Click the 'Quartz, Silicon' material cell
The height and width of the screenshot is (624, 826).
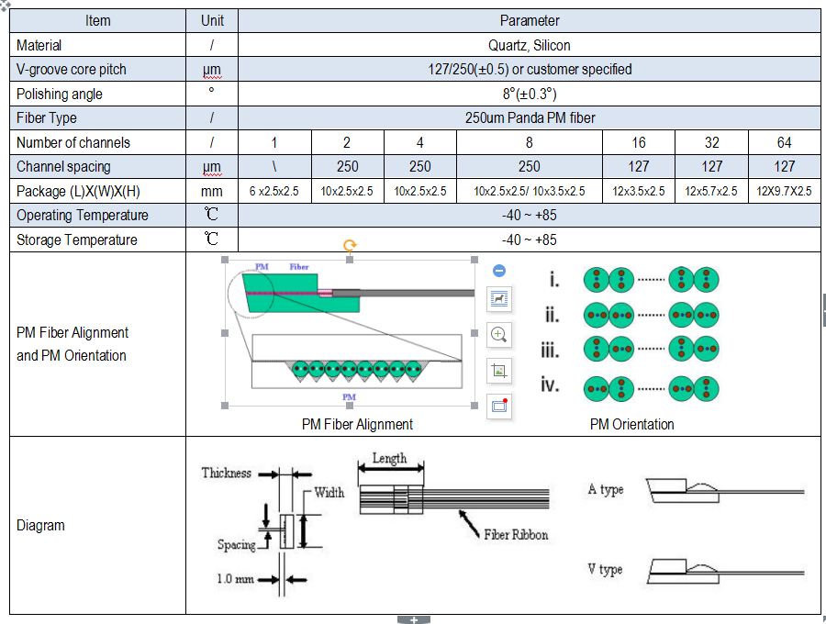coord(530,45)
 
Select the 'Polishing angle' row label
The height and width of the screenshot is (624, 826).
coord(60,94)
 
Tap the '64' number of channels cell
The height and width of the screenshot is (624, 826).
coord(784,142)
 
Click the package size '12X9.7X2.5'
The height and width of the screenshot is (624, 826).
coord(784,191)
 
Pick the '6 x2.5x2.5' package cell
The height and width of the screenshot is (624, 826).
coord(274,191)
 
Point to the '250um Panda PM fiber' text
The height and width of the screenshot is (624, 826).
coord(530,117)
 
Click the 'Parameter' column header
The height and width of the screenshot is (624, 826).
coord(530,20)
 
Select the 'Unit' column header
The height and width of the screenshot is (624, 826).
coord(211,20)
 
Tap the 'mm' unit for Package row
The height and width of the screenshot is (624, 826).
coord(211,191)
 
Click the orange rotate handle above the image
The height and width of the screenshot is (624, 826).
coord(350,246)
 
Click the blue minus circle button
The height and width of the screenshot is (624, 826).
coord(499,271)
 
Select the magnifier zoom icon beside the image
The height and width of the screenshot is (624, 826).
coord(499,334)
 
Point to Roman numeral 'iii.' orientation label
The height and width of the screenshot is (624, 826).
coord(551,350)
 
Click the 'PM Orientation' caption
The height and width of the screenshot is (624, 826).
coord(631,424)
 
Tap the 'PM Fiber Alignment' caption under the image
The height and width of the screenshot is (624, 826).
coord(357,424)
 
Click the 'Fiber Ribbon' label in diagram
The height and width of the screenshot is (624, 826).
coord(516,534)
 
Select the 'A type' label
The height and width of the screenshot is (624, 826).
coord(606,490)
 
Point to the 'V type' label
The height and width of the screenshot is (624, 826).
coord(605,570)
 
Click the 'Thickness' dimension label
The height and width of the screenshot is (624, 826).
coord(227,474)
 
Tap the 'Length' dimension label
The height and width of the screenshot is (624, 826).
coord(389,458)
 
